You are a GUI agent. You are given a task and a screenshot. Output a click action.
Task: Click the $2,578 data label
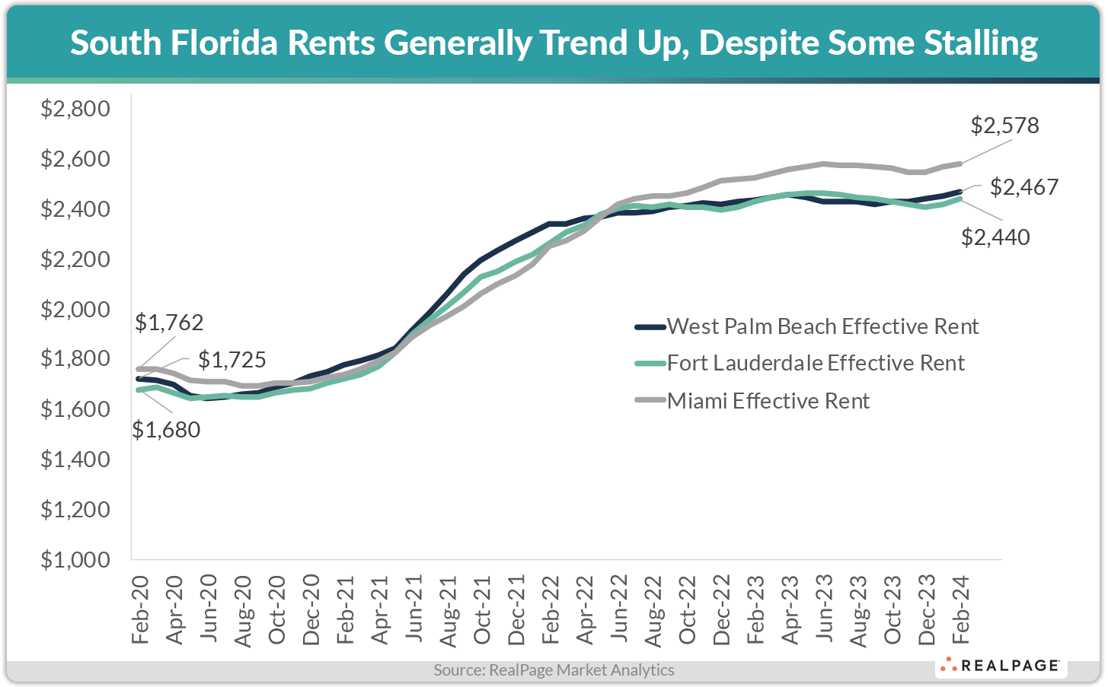1004,126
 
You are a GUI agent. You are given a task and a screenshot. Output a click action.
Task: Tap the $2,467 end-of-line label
1024,187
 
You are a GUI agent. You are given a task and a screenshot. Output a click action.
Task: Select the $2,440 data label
995,237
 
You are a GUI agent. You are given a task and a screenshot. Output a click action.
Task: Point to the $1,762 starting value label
169,323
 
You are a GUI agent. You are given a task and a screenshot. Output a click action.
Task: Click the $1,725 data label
232,359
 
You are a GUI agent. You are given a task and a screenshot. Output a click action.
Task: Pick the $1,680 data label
166,430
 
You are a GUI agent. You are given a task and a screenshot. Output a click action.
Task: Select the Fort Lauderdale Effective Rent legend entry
816,363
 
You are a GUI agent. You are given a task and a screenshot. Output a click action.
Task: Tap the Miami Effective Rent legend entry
768,401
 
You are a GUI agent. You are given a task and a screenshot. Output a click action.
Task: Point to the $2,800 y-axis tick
75,109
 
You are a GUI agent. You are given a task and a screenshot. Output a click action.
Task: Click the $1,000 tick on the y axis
75,559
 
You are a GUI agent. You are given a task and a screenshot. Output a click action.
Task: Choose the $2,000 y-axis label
75,309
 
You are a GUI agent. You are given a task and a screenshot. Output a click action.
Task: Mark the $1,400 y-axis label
75,459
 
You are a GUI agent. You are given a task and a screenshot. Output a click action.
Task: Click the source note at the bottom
554,670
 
